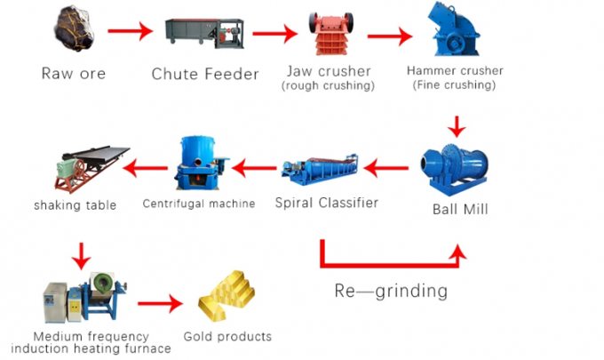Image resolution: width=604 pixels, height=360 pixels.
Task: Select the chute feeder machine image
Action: coord(203,35)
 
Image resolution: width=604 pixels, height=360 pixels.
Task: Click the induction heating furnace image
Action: coord(84,301)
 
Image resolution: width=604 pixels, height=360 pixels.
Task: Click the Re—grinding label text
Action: coord(390,291)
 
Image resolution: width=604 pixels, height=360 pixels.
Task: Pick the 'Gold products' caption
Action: coord(227,337)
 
